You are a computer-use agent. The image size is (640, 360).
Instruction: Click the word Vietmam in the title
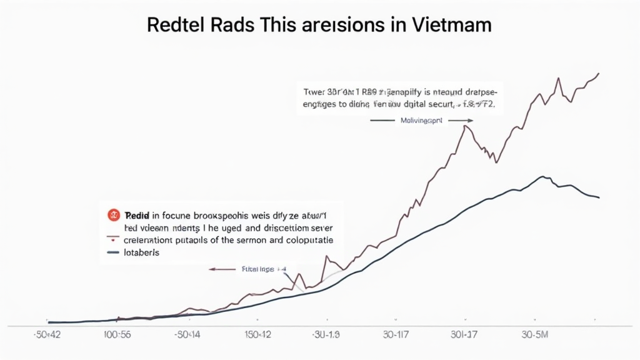pyautogui.click(x=452, y=25)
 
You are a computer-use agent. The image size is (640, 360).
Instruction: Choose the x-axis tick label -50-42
pyautogui.click(x=48, y=336)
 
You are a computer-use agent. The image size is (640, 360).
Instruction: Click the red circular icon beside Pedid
pyautogui.click(x=113, y=215)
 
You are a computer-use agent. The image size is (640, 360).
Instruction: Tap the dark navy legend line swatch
pyautogui.click(x=113, y=254)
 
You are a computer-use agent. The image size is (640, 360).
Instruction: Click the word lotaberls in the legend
pyautogui.click(x=142, y=254)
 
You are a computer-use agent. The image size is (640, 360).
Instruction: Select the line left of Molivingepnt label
pyautogui.click(x=382, y=121)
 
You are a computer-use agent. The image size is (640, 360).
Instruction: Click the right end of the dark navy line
pyautogui.click(x=599, y=197)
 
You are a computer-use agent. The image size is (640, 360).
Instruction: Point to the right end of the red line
pyautogui.click(x=599, y=73)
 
